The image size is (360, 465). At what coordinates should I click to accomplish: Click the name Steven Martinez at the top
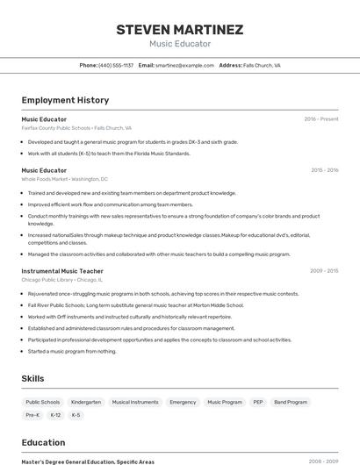tap(179, 30)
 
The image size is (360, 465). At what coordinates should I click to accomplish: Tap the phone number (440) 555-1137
tap(116, 65)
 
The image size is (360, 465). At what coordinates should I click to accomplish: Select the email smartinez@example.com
tap(184, 65)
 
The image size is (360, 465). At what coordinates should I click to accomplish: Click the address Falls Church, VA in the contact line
tap(262, 65)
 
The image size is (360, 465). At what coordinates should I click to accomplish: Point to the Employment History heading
tap(65, 100)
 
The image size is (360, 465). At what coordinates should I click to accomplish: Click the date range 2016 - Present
tap(321, 118)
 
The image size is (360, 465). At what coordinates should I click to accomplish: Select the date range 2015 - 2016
tap(324, 170)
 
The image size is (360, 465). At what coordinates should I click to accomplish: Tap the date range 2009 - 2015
tap(324, 271)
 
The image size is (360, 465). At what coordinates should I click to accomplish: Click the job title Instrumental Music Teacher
tap(62, 271)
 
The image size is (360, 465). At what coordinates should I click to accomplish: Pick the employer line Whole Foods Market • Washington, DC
tap(61, 179)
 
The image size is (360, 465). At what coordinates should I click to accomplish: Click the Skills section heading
tap(33, 377)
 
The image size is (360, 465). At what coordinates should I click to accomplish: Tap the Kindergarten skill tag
tap(86, 402)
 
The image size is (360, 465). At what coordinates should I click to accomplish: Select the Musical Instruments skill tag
tap(135, 402)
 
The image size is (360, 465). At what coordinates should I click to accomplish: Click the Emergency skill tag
tap(183, 402)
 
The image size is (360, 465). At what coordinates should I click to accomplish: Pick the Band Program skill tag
tap(291, 402)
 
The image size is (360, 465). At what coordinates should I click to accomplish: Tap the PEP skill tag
tap(258, 402)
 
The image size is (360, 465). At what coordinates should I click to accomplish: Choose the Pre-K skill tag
tap(32, 415)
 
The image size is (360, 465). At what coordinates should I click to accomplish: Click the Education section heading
tap(43, 442)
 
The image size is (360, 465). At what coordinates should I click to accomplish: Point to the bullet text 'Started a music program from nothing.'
tap(72, 351)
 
